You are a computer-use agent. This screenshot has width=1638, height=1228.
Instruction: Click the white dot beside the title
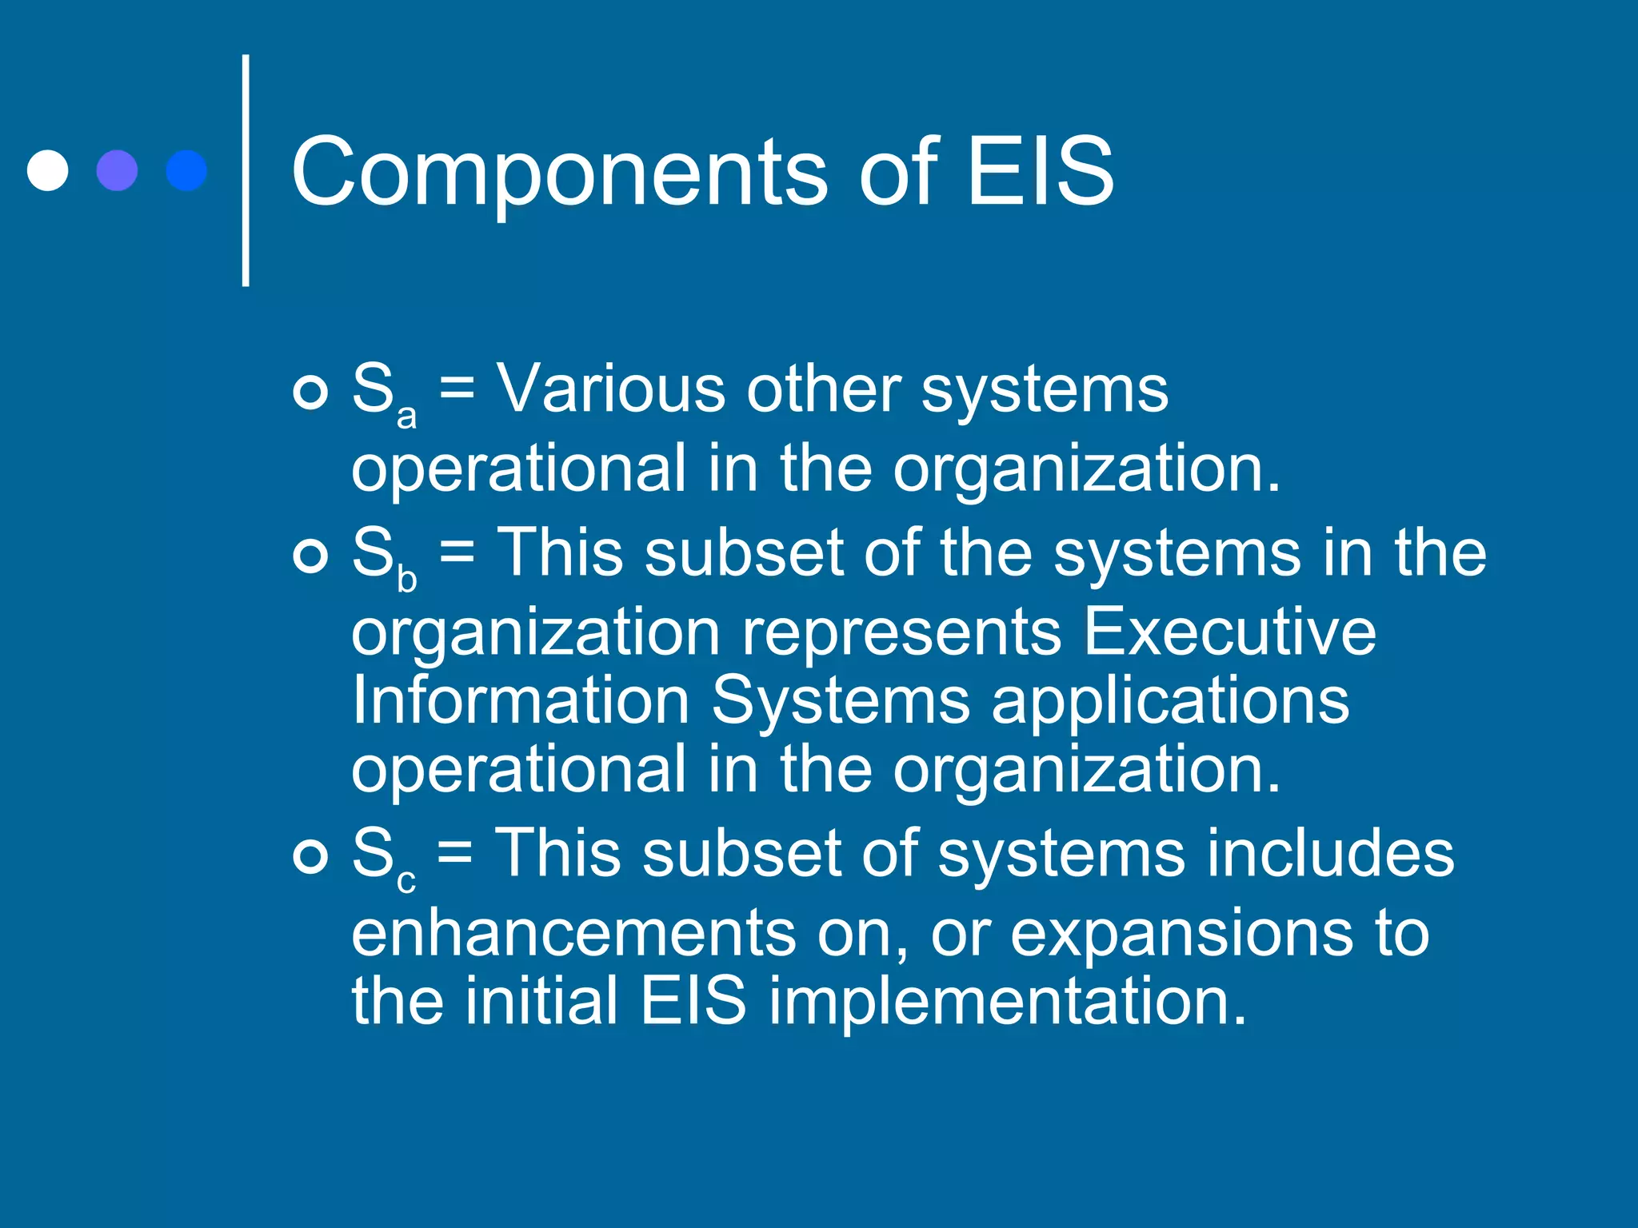click(x=47, y=170)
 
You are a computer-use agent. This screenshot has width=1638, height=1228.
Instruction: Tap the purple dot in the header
click(x=117, y=170)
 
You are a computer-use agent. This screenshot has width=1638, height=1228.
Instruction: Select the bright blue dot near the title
click(x=186, y=170)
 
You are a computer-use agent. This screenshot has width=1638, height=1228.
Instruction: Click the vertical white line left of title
click(x=246, y=170)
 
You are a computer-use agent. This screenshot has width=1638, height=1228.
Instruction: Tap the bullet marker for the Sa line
click(x=310, y=392)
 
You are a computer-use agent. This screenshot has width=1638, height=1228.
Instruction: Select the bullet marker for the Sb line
click(x=310, y=556)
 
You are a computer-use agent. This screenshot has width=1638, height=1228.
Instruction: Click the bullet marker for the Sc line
click(x=310, y=856)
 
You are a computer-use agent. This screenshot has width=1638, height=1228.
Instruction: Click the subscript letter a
click(x=406, y=417)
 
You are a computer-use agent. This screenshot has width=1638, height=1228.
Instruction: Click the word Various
click(x=611, y=389)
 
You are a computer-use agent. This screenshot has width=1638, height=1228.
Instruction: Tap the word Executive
click(x=1230, y=632)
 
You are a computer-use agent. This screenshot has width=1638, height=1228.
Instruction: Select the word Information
click(x=521, y=700)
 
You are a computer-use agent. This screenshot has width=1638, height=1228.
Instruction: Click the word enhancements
click(x=573, y=933)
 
